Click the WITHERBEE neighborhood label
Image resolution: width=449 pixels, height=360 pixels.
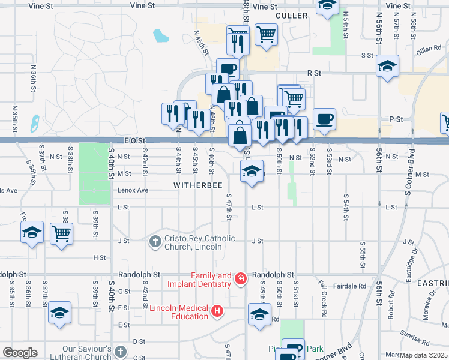tap(194, 186)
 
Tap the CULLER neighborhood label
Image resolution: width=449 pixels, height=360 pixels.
tap(291, 15)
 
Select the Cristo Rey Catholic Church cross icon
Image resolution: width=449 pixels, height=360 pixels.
tap(155, 241)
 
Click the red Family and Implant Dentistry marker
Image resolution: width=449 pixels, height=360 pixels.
tap(240, 279)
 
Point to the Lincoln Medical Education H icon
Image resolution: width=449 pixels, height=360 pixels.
tap(217, 311)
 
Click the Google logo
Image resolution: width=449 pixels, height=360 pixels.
tap(20, 353)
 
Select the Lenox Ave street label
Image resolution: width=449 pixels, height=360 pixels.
tap(133, 190)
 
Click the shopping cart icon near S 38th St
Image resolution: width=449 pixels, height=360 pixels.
tap(62, 232)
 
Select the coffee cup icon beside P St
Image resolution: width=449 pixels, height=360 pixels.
tap(324, 118)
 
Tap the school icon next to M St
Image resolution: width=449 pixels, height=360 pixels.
tap(252, 172)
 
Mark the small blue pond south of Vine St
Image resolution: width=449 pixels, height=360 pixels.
tap(160, 36)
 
